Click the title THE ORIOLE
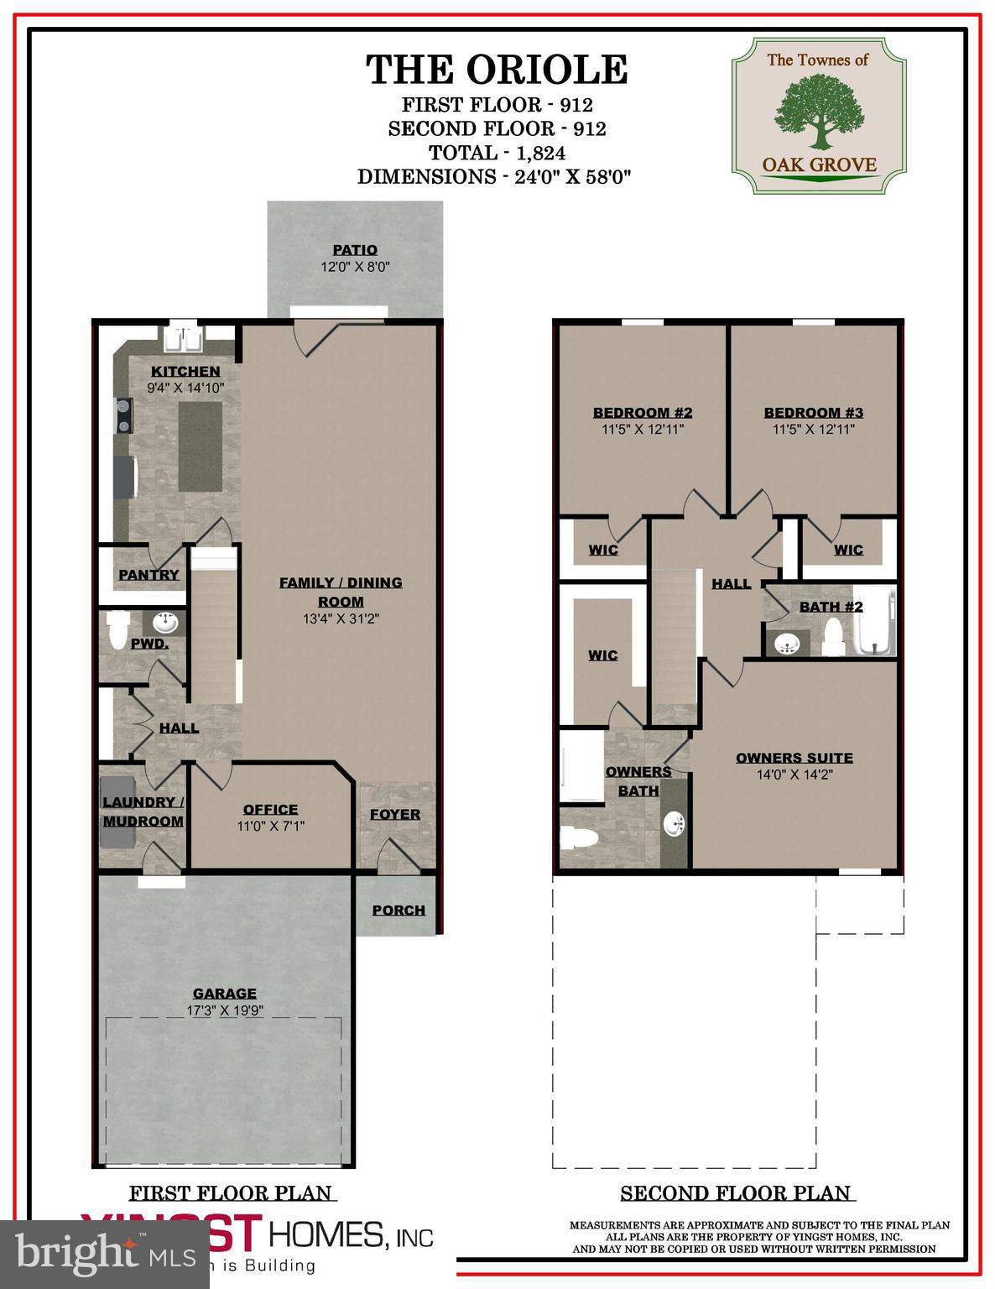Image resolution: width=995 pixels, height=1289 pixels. click(497, 70)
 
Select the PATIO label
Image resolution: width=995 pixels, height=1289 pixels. click(355, 250)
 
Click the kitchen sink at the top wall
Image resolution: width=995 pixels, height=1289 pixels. click(182, 341)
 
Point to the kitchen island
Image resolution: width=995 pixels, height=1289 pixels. click(201, 446)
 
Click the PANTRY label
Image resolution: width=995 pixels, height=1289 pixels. click(148, 575)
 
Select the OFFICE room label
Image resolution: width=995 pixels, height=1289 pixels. click(270, 809)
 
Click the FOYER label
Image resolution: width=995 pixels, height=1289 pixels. click(395, 814)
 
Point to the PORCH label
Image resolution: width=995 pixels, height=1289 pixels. click(399, 910)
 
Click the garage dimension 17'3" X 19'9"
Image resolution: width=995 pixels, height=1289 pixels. click(225, 1010)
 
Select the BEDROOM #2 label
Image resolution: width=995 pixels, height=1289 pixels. click(643, 412)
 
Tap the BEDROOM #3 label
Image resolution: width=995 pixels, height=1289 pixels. click(813, 412)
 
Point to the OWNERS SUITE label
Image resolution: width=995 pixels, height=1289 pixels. click(794, 758)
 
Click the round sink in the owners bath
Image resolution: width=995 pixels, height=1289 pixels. click(675, 824)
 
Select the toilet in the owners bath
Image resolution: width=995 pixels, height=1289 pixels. click(581, 837)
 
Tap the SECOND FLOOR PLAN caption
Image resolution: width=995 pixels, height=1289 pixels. click(735, 1192)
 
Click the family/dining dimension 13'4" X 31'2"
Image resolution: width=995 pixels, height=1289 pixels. click(341, 619)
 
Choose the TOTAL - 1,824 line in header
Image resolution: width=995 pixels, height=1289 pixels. click(497, 153)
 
